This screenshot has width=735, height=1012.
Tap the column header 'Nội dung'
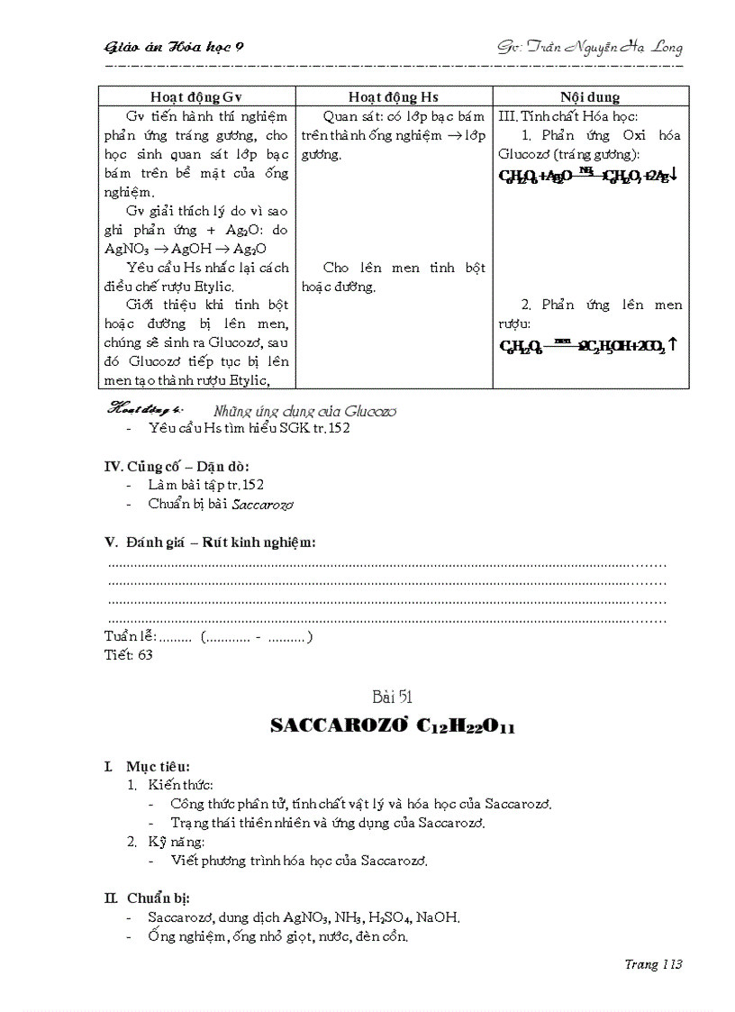tap(590, 97)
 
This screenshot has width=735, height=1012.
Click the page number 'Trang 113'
tap(653, 964)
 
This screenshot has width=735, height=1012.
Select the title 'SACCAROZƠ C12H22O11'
tap(393, 726)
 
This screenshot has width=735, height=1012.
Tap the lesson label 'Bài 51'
tap(392, 697)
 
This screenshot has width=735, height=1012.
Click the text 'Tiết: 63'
tap(129, 655)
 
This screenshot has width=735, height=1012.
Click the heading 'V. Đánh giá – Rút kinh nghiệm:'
tap(211, 542)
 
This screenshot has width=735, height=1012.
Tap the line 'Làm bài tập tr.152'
tap(206, 485)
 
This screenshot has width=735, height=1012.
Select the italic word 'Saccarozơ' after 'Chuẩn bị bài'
tap(263, 505)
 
